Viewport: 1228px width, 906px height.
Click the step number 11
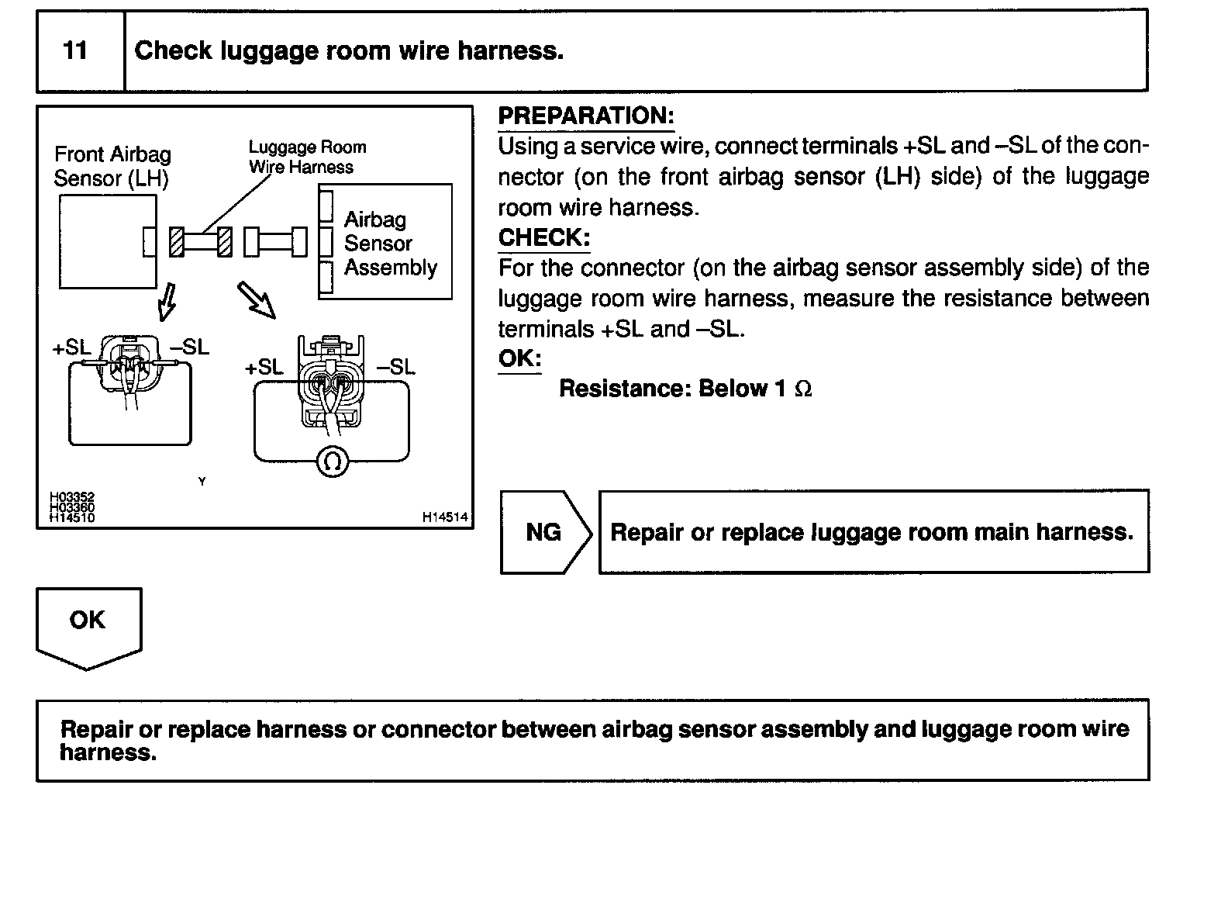click(x=75, y=51)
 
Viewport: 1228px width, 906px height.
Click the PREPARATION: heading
click(x=586, y=116)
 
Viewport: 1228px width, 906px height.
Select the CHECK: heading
click(x=544, y=238)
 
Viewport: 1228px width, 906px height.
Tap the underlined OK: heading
click(x=519, y=359)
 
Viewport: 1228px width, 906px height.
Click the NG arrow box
click(x=544, y=532)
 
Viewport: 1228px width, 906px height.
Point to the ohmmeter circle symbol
click(x=333, y=462)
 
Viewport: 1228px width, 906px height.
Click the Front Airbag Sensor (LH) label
click(x=112, y=166)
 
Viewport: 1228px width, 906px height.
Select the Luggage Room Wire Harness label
click(x=307, y=157)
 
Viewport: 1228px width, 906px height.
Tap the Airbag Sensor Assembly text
click(x=389, y=244)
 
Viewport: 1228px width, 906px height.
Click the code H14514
click(x=446, y=517)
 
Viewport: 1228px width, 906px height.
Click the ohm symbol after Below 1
click(x=804, y=389)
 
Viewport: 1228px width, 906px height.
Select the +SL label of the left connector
click(x=72, y=348)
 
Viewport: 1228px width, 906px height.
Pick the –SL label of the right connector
click(x=396, y=367)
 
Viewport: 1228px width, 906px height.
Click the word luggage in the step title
click(x=268, y=52)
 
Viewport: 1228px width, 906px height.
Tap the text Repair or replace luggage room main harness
click(x=871, y=532)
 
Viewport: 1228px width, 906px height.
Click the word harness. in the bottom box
click(x=108, y=752)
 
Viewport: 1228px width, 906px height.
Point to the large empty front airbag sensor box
click(x=107, y=241)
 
